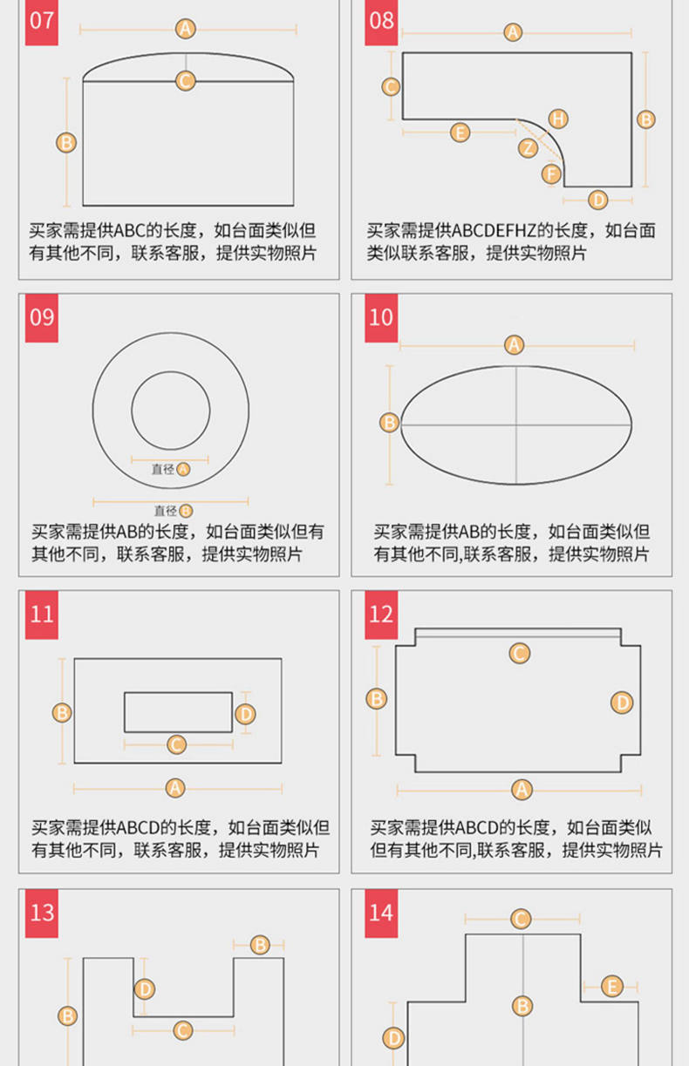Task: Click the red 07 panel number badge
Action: point(41,22)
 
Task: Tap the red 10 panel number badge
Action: point(381,318)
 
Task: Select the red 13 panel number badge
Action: point(41,913)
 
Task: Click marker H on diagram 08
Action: point(558,119)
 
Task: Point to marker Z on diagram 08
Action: point(528,148)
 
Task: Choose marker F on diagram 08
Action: point(551,174)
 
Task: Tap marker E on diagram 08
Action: point(460,132)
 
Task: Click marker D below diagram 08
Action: point(598,200)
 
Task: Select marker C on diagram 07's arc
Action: point(185,81)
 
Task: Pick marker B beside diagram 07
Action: point(66,143)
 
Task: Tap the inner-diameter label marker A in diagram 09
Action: point(183,470)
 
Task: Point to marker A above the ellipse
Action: point(514,345)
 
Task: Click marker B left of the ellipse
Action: point(389,423)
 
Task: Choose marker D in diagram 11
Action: point(245,715)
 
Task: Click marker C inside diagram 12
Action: point(520,654)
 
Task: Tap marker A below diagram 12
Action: point(522,790)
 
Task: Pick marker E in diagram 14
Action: point(612,987)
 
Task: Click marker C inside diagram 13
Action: point(182,1031)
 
